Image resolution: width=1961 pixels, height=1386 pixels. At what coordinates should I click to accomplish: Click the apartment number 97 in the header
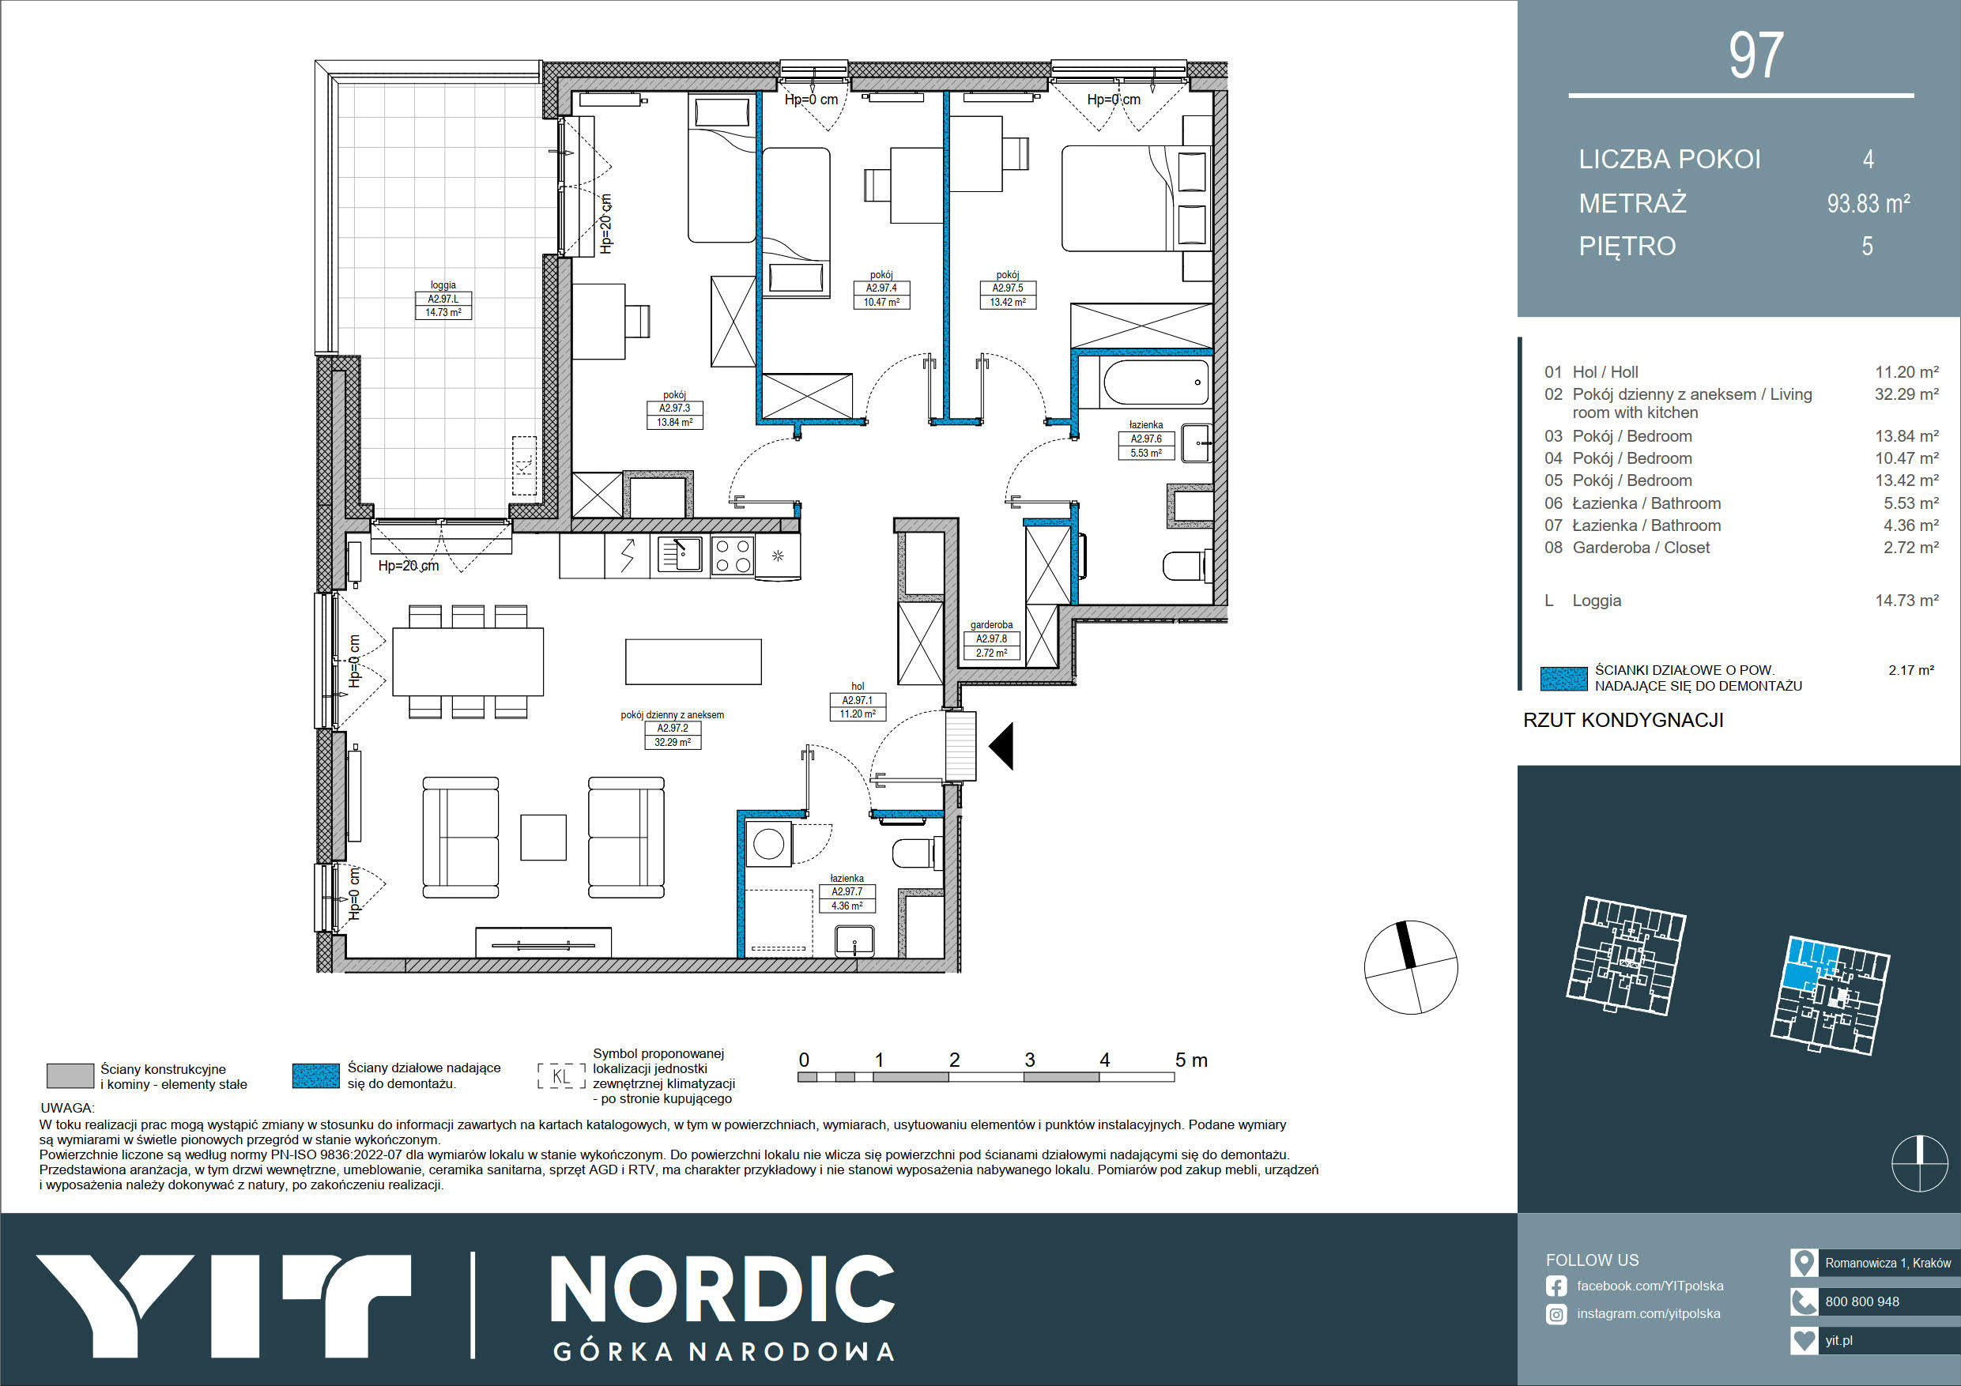pyautogui.click(x=1756, y=55)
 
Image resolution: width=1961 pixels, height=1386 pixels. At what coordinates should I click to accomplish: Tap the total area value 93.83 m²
pyautogui.click(x=1868, y=203)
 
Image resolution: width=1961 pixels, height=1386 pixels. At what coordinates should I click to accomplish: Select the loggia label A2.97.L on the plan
pyautogui.click(x=443, y=299)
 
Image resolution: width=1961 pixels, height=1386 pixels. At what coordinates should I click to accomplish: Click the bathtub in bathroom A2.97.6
pyautogui.click(x=1156, y=382)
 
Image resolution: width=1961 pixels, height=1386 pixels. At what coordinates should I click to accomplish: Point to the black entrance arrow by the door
pyautogui.click(x=1002, y=745)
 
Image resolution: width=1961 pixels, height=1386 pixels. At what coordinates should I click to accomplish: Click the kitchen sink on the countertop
pyautogui.click(x=680, y=554)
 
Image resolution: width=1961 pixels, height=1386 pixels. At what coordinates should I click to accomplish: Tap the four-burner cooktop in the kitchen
pyautogui.click(x=732, y=555)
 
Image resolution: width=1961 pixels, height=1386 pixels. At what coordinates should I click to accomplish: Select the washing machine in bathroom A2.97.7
pyautogui.click(x=769, y=844)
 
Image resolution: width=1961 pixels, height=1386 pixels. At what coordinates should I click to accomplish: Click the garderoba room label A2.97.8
pyautogui.click(x=992, y=638)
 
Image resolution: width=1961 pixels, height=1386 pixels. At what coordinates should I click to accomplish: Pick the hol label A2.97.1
pyautogui.click(x=858, y=700)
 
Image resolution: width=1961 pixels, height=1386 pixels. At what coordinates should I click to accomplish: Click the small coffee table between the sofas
pyautogui.click(x=543, y=837)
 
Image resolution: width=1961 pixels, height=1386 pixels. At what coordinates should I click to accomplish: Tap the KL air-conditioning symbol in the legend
pyautogui.click(x=561, y=1076)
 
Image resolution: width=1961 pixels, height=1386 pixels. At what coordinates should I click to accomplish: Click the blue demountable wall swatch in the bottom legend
pyautogui.click(x=315, y=1076)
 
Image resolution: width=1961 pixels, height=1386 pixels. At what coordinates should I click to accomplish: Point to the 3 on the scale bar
pyautogui.click(x=1029, y=1060)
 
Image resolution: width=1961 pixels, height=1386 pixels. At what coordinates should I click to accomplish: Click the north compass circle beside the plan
pyautogui.click(x=1411, y=967)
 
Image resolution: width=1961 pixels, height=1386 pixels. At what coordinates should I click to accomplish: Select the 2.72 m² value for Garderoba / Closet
pyautogui.click(x=1910, y=548)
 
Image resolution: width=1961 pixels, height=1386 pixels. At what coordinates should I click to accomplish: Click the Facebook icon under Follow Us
pyautogui.click(x=1556, y=1286)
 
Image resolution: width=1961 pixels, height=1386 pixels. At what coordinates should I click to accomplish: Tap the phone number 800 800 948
pyautogui.click(x=1862, y=1301)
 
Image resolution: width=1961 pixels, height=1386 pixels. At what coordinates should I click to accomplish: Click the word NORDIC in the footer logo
pyautogui.click(x=722, y=1290)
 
